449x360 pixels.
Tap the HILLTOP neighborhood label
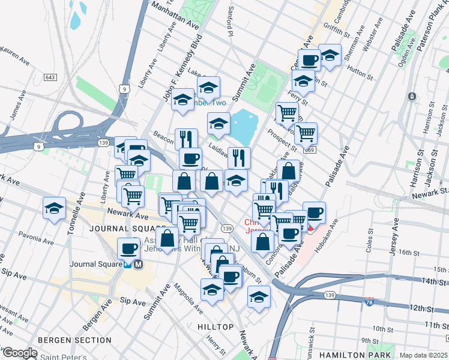pos(215,326)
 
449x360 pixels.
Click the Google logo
pos(20,353)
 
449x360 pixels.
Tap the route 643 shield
pos(50,78)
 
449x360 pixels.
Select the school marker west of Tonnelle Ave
pos(54,209)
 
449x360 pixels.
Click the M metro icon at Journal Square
pos(138,264)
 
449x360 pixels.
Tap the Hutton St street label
pos(360,71)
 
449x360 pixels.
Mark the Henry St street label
pos(215,344)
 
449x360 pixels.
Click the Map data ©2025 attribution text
pos(423,355)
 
